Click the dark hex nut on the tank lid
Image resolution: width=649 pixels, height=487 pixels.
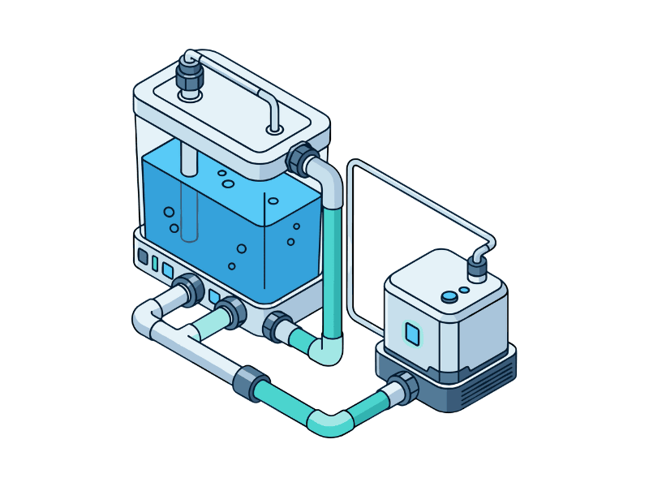coord(189,77)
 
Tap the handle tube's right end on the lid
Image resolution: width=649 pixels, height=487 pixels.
coord(275,128)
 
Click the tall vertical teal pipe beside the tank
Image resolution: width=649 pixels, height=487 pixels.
coord(332,268)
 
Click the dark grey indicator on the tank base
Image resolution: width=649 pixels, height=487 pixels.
coord(144,257)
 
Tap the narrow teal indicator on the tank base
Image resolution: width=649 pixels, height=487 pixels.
coord(155,263)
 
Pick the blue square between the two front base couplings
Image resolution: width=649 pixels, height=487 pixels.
coord(214,296)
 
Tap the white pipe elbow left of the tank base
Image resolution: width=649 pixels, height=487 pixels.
coord(144,317)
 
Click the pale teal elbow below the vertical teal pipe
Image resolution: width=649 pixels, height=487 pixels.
coord(329,351)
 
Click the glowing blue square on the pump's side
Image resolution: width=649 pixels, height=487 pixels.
coord(412,334)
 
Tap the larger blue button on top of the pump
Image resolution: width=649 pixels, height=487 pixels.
coord(449,297)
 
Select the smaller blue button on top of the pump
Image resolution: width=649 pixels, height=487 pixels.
coord(464,289)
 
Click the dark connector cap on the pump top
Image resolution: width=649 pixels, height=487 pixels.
coord(477,268)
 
